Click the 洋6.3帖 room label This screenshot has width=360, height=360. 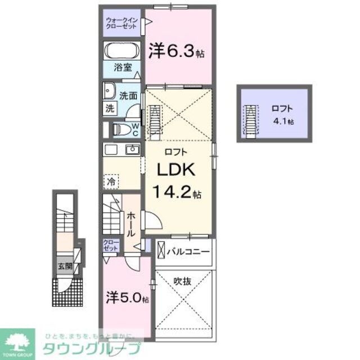pos(176,52)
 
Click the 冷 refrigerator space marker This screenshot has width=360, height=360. pos(111,182)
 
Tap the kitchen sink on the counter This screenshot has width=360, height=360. pos(133,149)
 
